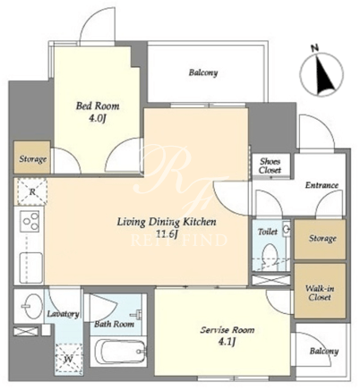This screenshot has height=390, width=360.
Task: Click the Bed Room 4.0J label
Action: tap(98, 112)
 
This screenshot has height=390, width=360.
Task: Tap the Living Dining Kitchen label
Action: tap(166, 222)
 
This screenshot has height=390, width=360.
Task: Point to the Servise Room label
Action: tap(227, 330)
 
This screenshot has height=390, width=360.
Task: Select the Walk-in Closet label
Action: tap(320, 292)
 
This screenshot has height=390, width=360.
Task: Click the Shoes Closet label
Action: tap(270, 165)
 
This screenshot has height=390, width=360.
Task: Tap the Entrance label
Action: tap(321, 185)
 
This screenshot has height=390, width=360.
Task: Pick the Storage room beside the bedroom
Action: tap(32, 157)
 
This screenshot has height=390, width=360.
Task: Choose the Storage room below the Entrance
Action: tap(320, 239)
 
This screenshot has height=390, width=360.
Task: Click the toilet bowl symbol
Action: tap(270, 255)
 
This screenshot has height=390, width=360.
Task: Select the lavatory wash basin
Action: tap(31, 306)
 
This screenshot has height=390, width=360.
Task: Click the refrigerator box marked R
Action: tap(32, 191)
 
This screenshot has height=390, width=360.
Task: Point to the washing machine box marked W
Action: tap(68, 359)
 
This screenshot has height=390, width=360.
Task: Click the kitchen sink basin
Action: tap(31, 266)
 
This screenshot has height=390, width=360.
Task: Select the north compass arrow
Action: tap(324, 73)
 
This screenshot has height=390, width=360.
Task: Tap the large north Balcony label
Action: tap(203, 72)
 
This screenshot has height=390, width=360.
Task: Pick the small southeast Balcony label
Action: tap(324, 351)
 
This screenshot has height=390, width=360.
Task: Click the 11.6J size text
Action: tap(166, 234)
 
